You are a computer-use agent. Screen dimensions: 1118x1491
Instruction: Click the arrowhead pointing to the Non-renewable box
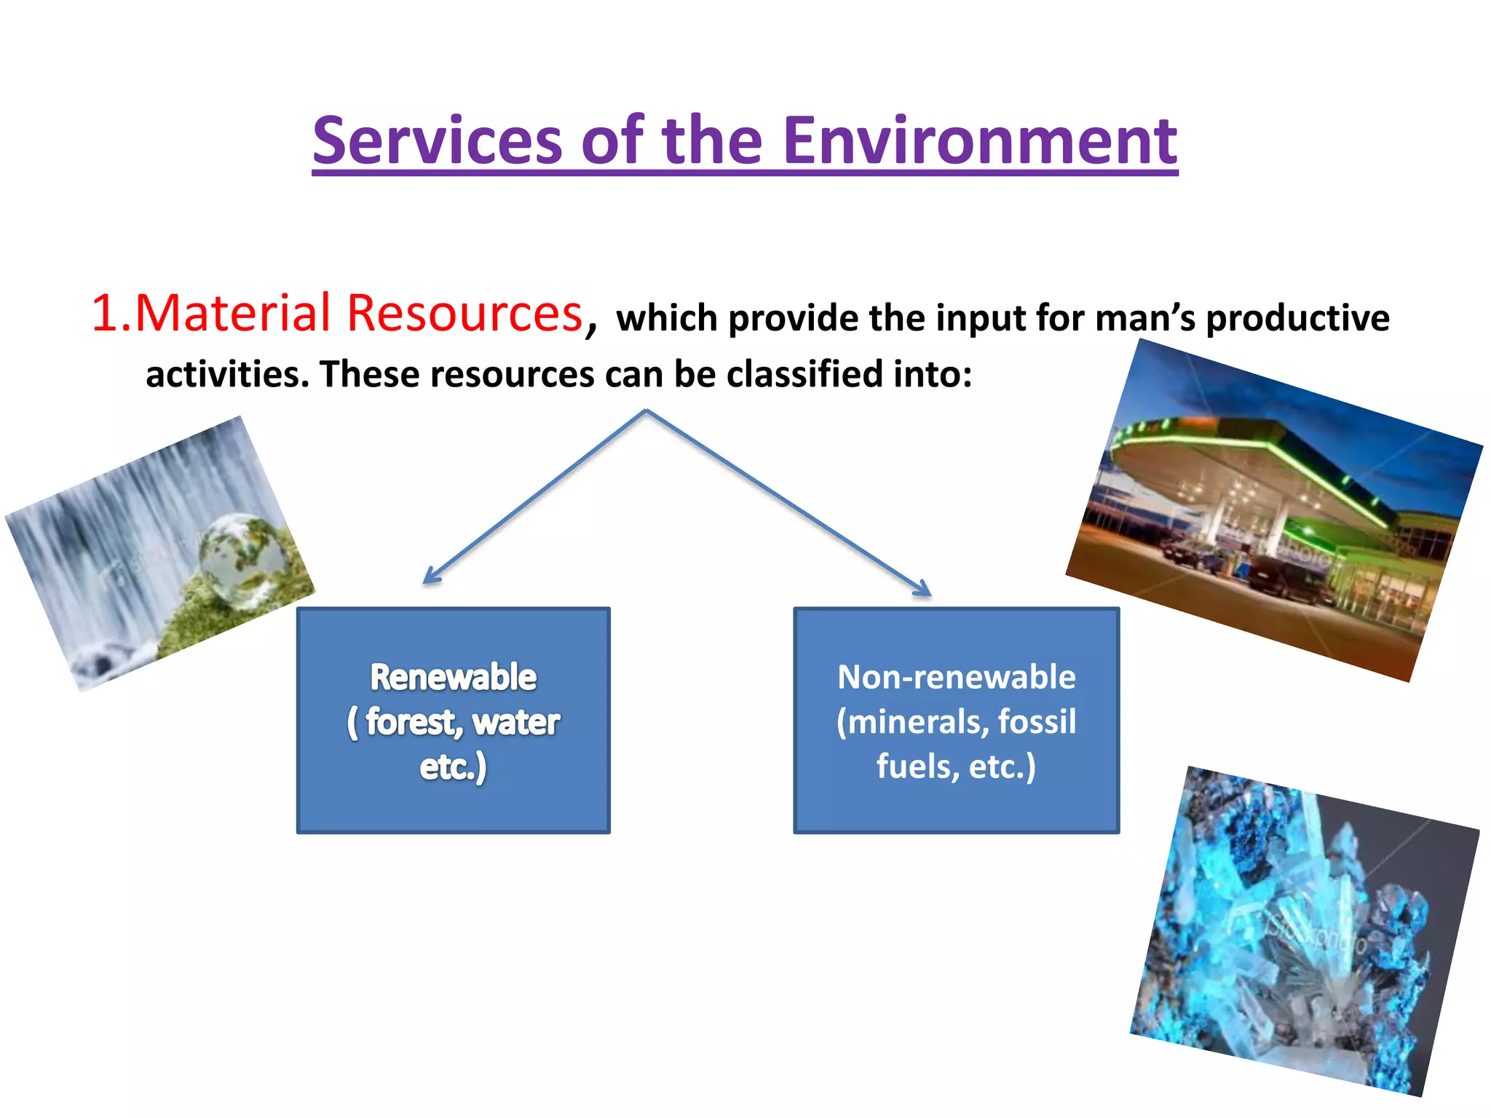924,589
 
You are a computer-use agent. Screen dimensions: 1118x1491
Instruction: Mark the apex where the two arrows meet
646,411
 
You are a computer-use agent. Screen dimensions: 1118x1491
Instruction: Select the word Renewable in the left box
453,677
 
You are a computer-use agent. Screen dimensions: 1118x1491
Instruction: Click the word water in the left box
516,722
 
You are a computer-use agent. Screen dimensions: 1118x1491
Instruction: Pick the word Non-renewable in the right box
956,677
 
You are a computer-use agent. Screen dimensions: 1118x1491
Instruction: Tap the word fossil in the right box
1037,722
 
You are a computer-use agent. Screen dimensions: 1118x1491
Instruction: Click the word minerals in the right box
913,722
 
